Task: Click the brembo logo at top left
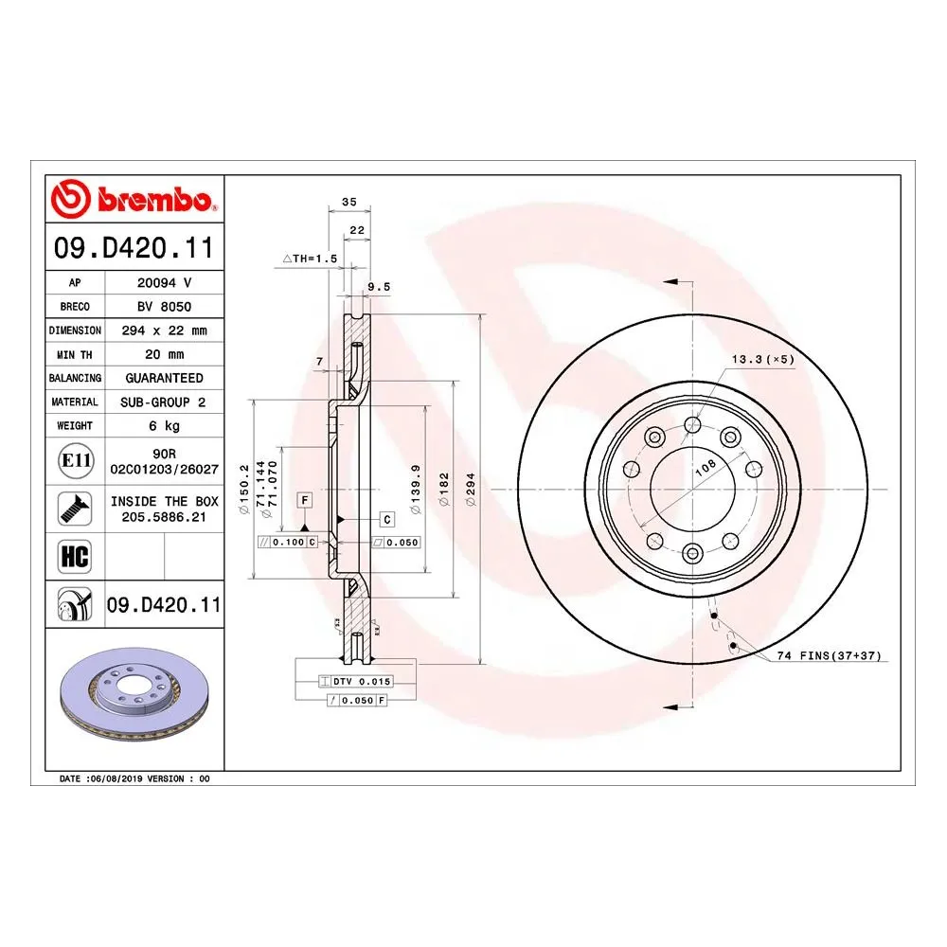click(x=134, y=200)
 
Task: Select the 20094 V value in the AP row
click(x=164, y=282)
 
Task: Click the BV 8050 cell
click(x=164, y=307)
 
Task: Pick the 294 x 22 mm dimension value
click(x=164, y=331)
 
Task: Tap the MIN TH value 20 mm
click(x=164, y=354)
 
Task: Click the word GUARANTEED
click(x=164, y=378)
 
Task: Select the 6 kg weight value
click(x=164, y=426)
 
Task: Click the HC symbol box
click(x=74, y=557)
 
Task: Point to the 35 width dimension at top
click(x=348, y=202)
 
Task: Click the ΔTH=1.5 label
click(x=310, y=259)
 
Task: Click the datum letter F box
click(x=305, y=499)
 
